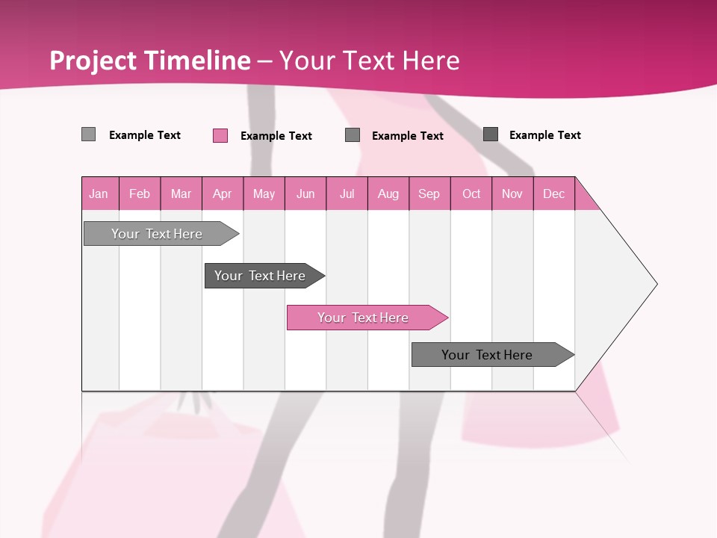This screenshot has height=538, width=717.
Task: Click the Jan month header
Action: tap(99, 194)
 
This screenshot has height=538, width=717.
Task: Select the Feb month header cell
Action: tap(140, 194)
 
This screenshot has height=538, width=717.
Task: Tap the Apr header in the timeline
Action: tap(223, 194)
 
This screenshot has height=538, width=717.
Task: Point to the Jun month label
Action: tap(305, 194)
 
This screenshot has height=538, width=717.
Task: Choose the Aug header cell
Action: tap(388, 194)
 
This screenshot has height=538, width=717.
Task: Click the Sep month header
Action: tap(429, 194)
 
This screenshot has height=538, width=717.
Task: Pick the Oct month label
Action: tap(471, 194)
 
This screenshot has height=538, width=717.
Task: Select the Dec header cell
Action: tap(554, 194)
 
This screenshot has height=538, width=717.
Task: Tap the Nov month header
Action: tap(512, 194)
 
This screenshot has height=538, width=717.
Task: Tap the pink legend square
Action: tap(220, 135)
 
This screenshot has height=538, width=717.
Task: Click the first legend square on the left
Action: tap(89, 134)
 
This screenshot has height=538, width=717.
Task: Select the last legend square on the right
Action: tap(491, 134)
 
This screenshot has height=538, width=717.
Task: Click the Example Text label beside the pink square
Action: tap(276, 136)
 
